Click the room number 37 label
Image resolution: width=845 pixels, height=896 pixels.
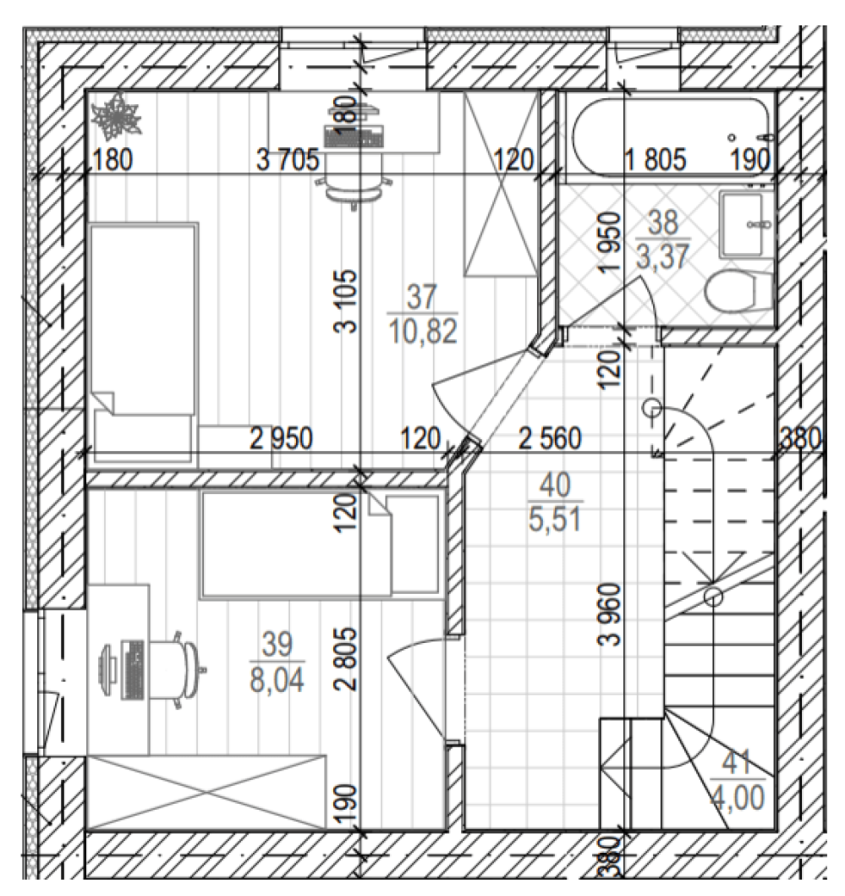(421, 297)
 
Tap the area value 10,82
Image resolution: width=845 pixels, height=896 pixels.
(423, 332)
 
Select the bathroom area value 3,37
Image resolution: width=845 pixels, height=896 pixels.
(663, 256)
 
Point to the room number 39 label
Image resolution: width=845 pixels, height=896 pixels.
(277, 644)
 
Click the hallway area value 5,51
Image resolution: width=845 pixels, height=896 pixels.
(555, 519)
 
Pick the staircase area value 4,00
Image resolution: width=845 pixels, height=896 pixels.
(737, 798)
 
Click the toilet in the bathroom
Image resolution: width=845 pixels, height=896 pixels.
(738, 291)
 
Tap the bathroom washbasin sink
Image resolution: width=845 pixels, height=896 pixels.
(744, 224)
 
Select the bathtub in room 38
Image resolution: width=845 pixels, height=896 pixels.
(672, 136)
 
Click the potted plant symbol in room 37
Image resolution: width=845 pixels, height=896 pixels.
(117, 117)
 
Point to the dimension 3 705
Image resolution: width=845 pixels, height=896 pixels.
(288, 159)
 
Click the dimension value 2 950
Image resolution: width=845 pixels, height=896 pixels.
(281, 439)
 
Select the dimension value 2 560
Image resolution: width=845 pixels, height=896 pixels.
(550, 439)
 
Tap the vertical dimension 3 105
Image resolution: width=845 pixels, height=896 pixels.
(346, 301)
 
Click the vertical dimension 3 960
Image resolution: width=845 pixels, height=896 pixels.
(610, 614)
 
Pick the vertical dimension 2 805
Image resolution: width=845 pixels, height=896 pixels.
(346, 660)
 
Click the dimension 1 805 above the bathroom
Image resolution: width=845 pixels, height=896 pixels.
(655, 159)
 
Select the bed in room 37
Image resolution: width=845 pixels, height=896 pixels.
(144, 342)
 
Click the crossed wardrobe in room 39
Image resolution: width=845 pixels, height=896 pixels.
(206, 792)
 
